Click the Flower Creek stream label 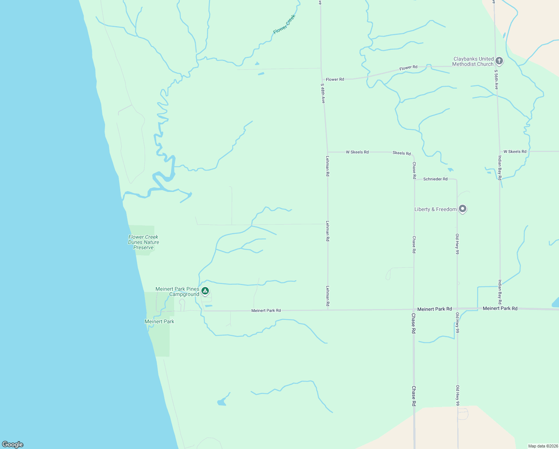[x=284, y=24]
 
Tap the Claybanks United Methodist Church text [x=473, y=62]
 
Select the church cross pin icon [x=499, y=61]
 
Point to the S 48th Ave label [x=323, y=93]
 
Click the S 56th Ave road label [x=496, y=79]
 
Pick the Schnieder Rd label [x=435, y=179]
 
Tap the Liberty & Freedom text [x=435, y=210]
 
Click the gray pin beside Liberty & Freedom [x=463, y=209]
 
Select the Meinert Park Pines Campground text [x=177, y=292]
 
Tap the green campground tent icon [x=205, y=291]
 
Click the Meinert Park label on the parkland [x=160, y=322]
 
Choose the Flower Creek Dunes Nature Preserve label [x=143, y=242]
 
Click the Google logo [x=13, y=445]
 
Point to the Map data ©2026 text [x=543, y=446]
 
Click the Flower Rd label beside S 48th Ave [x=335, y=80]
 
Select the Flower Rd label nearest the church [x=408, y=68]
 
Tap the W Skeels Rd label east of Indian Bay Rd [x=515, y=152]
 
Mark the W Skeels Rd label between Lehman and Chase [x=357, y=152]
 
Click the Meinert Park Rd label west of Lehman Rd [x=266, y=311]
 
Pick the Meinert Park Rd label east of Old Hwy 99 [x=500, y=309]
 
